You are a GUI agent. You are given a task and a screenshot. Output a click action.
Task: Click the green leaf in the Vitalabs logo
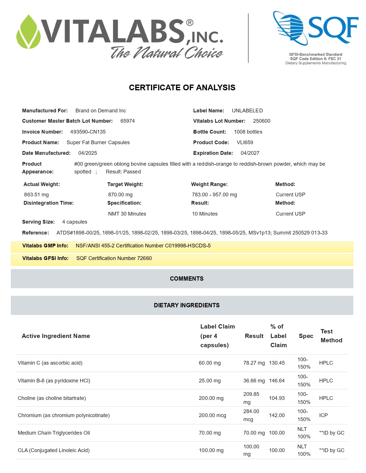click(28, 32)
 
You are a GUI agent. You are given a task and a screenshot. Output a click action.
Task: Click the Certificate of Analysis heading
click(182, 88)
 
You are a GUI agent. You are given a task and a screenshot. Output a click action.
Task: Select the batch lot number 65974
click(127, 121)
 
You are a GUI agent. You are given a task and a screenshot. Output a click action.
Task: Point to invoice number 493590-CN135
click(88, 132)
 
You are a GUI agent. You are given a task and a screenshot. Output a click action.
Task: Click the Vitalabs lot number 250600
click(262, 121)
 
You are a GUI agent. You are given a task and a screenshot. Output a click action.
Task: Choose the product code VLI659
click(245, 142)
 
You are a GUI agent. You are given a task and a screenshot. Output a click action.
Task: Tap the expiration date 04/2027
click(250, 153)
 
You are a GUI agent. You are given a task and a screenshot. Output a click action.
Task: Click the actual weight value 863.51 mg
click(36, 195)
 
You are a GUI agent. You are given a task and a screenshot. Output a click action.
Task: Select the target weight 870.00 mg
click(120, 195)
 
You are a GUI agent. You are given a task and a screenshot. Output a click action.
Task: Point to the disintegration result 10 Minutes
click(205, 214)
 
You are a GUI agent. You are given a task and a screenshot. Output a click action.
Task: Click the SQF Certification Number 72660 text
click(114, 258)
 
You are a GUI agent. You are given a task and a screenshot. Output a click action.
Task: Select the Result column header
click(254, 336)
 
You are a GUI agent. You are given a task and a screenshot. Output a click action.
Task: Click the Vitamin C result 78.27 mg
click(254, 363)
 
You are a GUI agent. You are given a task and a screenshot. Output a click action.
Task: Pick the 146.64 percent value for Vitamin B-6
click(277, 381)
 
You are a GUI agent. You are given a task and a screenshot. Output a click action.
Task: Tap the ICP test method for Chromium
click(323, 415)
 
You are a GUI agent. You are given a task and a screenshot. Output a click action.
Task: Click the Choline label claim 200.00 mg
click(211, 398)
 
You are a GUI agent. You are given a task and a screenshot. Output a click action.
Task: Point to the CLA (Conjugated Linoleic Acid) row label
click(54, 450)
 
